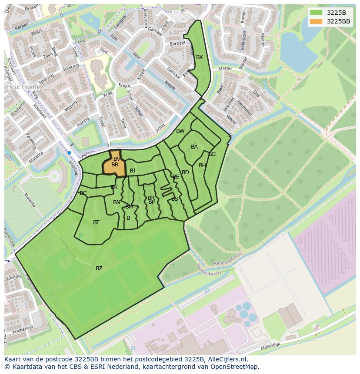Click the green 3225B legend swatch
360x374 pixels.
(316, 13)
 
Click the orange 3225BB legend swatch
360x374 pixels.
(316, 21)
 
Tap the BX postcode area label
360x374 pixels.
(200, 57)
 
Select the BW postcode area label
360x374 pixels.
(180, 131)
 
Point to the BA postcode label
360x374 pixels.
(194, 147)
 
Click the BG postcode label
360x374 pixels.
(212, 154)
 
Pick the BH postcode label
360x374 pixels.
(202, 165)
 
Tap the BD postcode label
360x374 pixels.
(185, 172)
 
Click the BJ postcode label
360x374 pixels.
(133, 171)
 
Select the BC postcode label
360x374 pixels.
(83, 193)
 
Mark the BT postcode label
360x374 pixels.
(96, 222)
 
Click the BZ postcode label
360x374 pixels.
(99, 268)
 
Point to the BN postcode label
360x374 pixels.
(117, 202)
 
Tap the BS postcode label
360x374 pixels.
(175, 199)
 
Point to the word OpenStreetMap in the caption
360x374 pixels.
(234, 367)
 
